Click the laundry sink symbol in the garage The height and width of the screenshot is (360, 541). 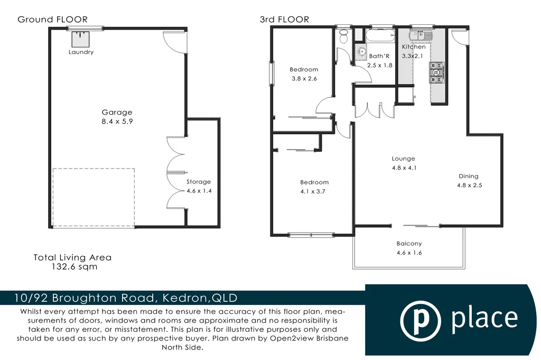click(x=81, y=39)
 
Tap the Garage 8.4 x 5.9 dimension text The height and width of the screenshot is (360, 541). click(x=117, y=121)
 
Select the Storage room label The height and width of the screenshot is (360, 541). click(x=199, y=182)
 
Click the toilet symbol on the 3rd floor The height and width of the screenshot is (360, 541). click(x=344, y=36)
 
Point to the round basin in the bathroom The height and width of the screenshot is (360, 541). click(x=362, y=52)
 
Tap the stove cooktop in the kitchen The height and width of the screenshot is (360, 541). click(x=437, y=73)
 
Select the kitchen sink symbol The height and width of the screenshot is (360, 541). click(x=424, y=36)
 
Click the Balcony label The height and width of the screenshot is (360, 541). click(x=409, y=244)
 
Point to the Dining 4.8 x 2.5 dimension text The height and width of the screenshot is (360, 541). click(x=469, y=186)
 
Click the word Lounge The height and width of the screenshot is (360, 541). click(x=403, y=159)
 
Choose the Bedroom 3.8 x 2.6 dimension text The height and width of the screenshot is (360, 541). click(x=304, y=79)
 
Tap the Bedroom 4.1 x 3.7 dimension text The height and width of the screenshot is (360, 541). click(x=314, y=191)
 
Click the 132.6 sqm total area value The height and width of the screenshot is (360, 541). click(x=72, y=267)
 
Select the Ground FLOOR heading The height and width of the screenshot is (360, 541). click(x=52, y=20)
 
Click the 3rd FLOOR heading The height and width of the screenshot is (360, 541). click(x=284, y=20)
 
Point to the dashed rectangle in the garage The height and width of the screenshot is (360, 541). click(x=94, y=198)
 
